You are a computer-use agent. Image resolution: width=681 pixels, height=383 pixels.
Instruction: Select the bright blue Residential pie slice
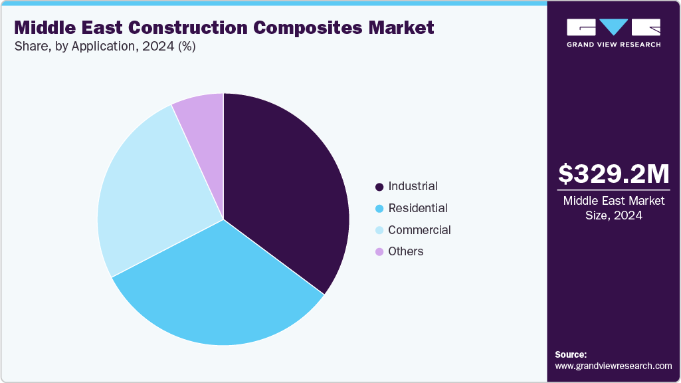click(219, 286)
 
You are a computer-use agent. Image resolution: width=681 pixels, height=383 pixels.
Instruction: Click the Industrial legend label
click(413, 186)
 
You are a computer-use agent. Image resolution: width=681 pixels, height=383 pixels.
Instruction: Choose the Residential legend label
click(417, 208)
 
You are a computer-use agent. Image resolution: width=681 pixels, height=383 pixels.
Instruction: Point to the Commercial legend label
click(419, 230)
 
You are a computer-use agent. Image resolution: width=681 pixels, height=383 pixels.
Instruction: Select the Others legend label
click(405, 251)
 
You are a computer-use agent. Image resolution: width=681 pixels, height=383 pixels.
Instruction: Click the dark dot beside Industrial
click(379, 187)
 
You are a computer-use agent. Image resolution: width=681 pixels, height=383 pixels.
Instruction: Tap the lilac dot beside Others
click(379, 252)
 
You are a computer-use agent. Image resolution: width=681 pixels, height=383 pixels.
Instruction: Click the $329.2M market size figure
click(613, 174)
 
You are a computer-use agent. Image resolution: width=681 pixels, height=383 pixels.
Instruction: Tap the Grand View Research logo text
click(613, 45)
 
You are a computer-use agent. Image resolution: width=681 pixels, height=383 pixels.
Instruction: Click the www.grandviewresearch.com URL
click(613, 366)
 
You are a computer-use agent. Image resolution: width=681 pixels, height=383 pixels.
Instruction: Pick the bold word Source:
click(571, 354)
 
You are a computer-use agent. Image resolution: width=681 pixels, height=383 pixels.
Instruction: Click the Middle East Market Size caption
click(613, 208)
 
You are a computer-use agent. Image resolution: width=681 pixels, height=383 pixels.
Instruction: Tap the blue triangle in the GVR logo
click(613, 27)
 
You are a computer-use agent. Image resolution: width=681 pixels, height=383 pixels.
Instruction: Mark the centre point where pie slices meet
click(223, 219)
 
